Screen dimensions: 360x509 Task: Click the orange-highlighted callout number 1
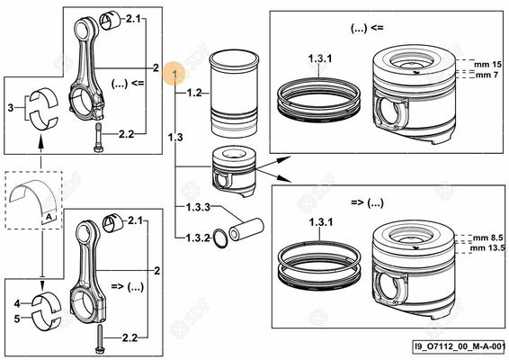click(x=174, y=69)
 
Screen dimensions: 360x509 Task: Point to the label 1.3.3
click(x=199, y=208)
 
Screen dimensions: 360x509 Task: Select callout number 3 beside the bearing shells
click(x=11, y=106)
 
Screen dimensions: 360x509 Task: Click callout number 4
click(x=17, y=304)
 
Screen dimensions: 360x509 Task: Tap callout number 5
click(x=17, y=317)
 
